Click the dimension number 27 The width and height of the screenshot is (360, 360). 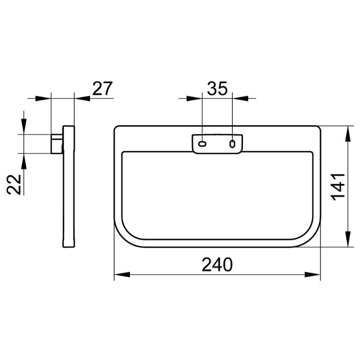[x=102, y=88]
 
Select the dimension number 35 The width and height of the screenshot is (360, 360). [x=217, y=88]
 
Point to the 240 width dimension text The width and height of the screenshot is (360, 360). [x=217, y=264]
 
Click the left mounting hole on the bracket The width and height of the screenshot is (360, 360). [x=202, y=144]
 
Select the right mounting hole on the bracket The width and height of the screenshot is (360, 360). [x=232, y=144]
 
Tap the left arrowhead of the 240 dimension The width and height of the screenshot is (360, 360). [x=122, y=275]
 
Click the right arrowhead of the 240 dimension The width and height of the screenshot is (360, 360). [x=312, y=275]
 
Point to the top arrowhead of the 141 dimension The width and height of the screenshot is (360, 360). [x=348, y=134]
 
